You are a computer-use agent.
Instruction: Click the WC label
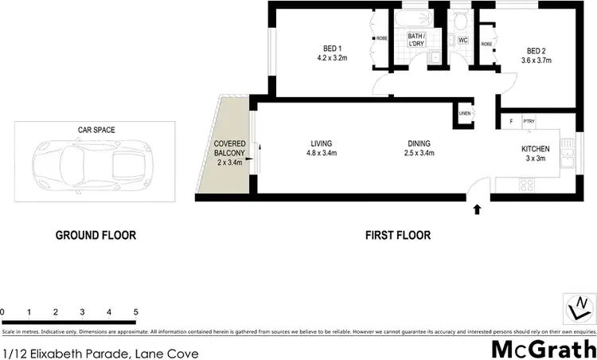pos(462,40)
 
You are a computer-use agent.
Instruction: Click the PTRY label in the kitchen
pos(529,121)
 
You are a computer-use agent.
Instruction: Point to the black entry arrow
pos(477,210)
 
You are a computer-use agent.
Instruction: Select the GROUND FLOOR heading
pos(95,235)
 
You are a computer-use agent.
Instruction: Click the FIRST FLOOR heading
pos(397,235)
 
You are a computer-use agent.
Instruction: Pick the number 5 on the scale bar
pos(135,311)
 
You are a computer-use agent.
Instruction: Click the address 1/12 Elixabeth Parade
pos(99,353)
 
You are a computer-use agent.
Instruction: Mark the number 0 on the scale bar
pos(3,311)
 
